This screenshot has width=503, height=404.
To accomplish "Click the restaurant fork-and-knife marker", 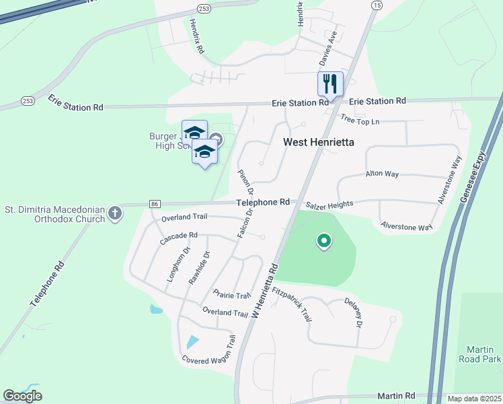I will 330,84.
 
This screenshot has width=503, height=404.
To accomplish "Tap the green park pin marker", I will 324,241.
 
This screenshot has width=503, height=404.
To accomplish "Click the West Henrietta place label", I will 318,142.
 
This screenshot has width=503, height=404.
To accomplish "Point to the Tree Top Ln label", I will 360,121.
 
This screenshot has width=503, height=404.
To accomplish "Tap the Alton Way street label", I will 382,174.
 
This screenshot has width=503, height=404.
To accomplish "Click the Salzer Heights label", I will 330,204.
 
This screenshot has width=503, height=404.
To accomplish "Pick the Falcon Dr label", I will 244,222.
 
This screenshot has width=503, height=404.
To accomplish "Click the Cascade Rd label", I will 178,238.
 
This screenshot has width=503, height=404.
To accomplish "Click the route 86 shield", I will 154,203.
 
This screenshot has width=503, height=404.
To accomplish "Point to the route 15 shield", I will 376,5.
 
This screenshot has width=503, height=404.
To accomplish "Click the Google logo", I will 22,396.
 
